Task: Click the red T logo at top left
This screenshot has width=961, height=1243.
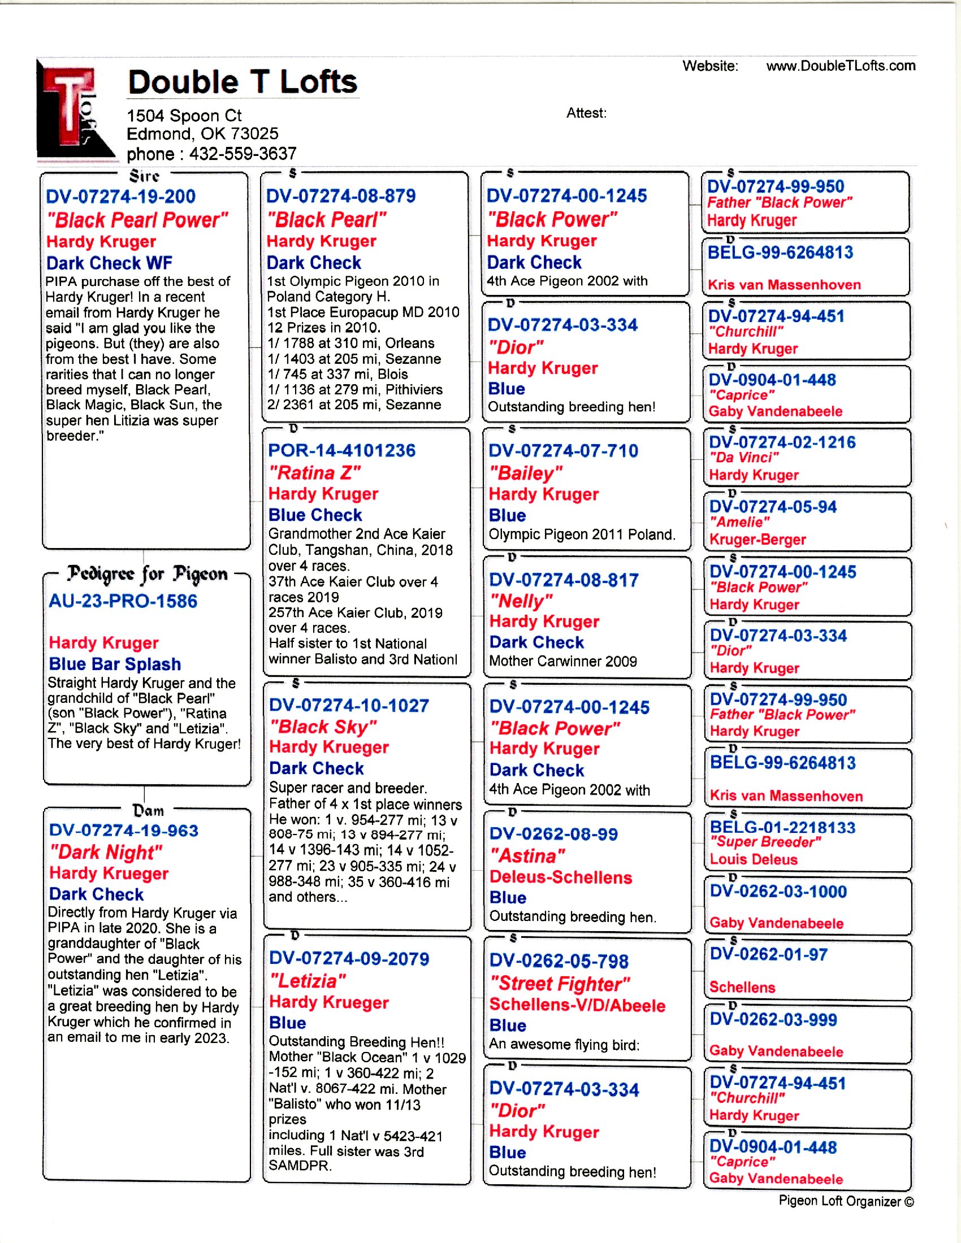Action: point(71,108)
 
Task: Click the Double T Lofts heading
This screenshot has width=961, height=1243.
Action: point(243,82)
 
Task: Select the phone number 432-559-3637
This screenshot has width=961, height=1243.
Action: point(243,154)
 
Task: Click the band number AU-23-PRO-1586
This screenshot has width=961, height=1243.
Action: point(123,601)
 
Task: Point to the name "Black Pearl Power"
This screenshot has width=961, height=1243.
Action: point(137,220)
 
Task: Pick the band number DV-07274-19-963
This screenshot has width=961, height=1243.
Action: point(124,831)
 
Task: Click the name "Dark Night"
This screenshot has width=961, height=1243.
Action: point(106,852)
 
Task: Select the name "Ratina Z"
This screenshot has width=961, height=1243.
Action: point(314,473)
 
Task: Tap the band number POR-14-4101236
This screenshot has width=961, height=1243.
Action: point(341,451)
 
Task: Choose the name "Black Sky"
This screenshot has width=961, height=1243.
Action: point(323,727)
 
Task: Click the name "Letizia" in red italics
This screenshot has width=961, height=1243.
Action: point(308,981)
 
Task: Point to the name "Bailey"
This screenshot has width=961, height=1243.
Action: point(526,473)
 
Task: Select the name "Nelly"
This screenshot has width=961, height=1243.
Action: point(521,601)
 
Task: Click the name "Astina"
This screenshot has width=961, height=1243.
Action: point(527,856)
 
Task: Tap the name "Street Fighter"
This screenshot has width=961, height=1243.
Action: point(560,984)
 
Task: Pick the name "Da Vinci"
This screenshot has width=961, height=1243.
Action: point(743,458)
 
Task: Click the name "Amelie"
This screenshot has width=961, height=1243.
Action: point(739,522)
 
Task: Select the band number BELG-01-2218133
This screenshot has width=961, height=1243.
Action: point(782,827)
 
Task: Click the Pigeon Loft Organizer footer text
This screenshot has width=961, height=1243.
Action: point(846,1201)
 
